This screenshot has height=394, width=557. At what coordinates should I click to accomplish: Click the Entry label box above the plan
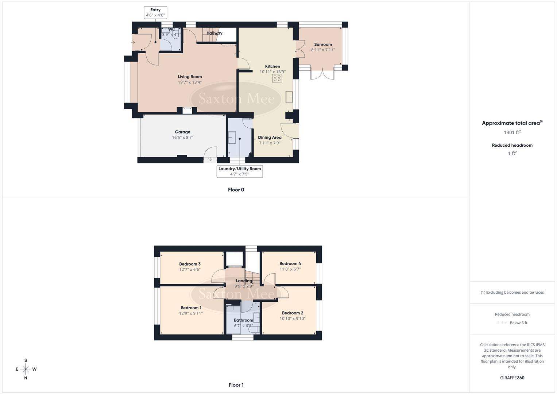pos(155,12)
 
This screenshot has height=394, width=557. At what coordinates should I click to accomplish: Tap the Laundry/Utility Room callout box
pos(240,171)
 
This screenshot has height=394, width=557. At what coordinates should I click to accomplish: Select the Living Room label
pos(190,77)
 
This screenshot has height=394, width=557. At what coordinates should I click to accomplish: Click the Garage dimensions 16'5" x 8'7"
pos(182,138)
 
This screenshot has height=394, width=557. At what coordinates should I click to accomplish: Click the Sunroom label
pos(323,45)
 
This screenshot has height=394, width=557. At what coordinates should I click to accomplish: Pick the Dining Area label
pos(270,138)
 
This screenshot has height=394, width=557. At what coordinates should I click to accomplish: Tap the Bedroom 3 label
pos(190,264)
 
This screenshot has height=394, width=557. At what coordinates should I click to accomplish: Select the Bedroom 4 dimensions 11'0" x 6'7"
pos(290,269)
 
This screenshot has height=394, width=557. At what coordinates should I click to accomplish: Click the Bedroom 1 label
pos(191,308)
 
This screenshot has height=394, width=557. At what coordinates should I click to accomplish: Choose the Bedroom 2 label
pos(293,313)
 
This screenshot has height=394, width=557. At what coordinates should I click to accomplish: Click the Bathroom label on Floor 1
pos(243,320)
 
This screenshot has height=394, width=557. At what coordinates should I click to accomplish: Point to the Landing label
pos(244,281)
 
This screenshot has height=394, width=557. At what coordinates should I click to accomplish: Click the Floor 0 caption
pos(236,190)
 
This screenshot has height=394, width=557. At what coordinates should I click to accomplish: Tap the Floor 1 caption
pos(236,385)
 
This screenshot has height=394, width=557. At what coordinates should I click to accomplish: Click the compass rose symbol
pos(26,369)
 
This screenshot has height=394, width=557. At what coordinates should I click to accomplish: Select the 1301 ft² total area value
pos(512,132)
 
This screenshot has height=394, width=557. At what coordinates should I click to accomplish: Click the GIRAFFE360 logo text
pos(512,378)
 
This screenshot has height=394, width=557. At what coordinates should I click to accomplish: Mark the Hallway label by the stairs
pos(214,33)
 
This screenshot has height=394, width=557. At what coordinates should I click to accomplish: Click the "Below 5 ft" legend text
pos(518,323)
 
